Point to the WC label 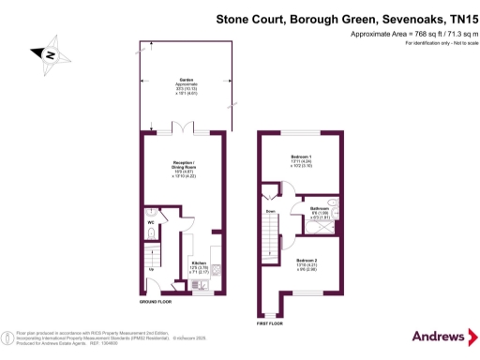(149, 222)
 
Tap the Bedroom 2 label (307, 262)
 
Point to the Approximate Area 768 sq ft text (408, 34)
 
